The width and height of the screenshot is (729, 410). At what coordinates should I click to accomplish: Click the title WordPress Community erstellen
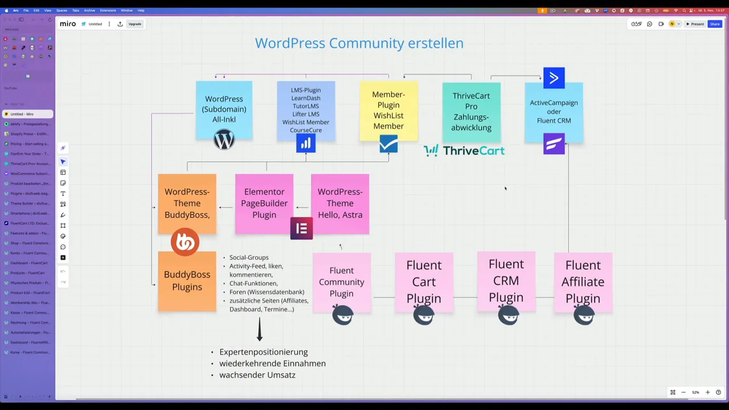tap(359, 43)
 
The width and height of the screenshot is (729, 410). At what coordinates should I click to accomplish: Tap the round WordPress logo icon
tap(224, 140)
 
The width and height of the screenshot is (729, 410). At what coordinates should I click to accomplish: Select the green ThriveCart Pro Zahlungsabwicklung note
tap(471, 112)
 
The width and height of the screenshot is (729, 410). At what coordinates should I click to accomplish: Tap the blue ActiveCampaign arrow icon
tap(554, 78)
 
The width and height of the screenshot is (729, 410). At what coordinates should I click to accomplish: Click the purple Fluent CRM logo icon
tap(554, 144)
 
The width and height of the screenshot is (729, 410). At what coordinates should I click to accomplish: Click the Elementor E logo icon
tap(301, 228)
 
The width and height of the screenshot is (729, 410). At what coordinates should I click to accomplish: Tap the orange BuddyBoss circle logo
tap(185, 242)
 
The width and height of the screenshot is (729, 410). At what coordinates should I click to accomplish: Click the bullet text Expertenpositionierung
tap(263, 352)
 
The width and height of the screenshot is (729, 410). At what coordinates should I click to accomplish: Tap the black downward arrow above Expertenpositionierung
tap(260, 329)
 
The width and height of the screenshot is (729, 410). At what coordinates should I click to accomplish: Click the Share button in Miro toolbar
tap(714, 24)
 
